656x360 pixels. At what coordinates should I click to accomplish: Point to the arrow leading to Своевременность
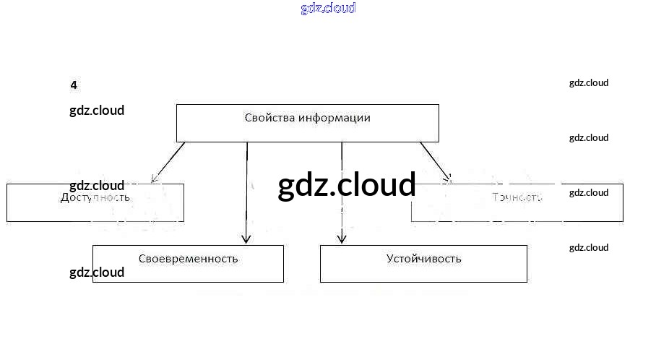click(x=247, y=192)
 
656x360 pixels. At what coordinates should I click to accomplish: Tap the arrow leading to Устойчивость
click(x=342, y=192)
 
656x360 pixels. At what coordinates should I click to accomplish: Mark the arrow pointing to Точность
click(x=435, y=161)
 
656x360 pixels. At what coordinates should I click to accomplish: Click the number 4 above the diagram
click(x=74, y=85)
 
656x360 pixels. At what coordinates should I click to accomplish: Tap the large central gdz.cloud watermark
click(x=347, y=185)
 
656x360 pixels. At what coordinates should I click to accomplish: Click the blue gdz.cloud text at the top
click(x=328, y=9)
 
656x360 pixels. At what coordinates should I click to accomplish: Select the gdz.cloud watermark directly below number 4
click(x=97, y=111)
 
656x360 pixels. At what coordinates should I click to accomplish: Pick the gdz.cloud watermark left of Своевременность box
click(x=97, y=273)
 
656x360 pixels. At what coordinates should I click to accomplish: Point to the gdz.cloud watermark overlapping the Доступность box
click(x=97, y=186)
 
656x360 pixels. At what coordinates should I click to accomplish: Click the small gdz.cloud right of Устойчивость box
click(x=589, y=247)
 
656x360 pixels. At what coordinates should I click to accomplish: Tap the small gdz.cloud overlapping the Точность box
click(x=589, y=192)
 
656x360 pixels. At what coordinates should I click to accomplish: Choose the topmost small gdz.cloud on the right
click(x=589, y=82)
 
